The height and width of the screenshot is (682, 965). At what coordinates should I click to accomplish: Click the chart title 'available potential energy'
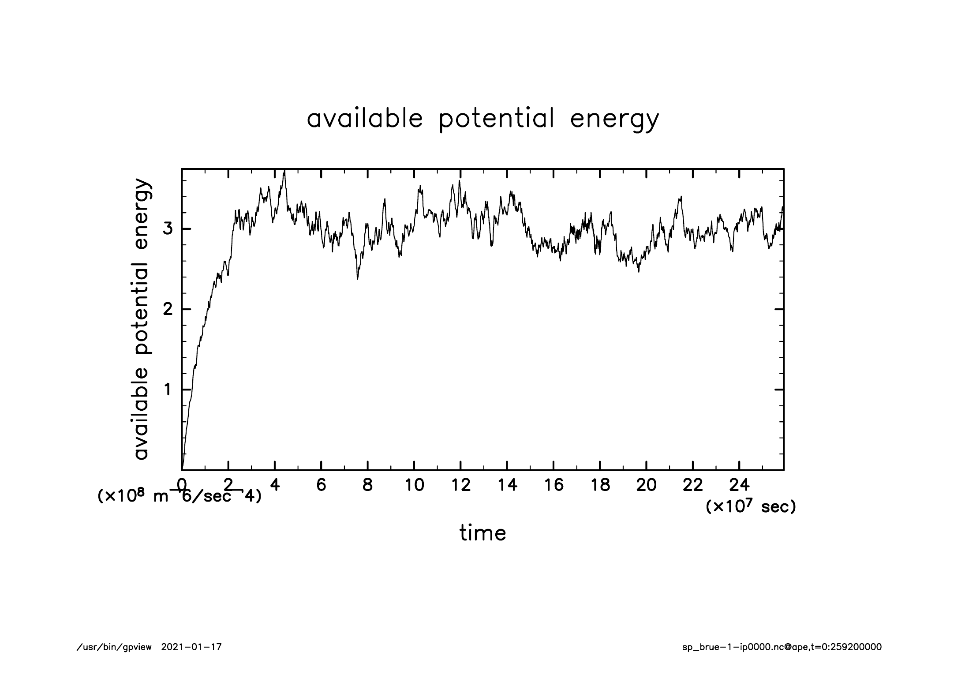click(x=482, y=119)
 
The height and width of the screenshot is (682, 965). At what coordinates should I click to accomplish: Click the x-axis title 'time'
click(x=482, y=533)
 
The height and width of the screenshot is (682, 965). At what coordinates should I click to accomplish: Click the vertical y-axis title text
click(x=142, y=319)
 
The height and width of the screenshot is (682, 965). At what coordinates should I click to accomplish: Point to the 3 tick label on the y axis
click(x=168, y=229)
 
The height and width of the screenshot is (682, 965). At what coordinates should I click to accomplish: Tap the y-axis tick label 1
click(x=168, y=390)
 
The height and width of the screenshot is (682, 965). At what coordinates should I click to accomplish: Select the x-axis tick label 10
click(x=414, y=486)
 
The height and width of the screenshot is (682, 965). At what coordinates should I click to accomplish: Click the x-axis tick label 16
click(x=554, y=486)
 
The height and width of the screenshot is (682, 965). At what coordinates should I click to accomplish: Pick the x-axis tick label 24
click(x=739, y=486)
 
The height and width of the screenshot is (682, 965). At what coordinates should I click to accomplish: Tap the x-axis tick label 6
click(x=321, y=486)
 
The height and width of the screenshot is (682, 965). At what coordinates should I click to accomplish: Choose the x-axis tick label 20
click(x=646, y=486)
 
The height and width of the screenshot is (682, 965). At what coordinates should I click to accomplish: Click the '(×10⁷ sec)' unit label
click(x=751, y=507)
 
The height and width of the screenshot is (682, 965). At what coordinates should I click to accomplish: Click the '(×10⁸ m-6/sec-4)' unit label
click(x=179, y=497)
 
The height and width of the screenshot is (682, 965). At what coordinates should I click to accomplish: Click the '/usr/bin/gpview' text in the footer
click(x=114, y=647)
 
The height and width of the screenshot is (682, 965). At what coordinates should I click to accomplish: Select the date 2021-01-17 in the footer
click(x=191, y=647)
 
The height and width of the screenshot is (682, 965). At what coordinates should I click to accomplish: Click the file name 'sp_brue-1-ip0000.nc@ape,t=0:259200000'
click(x=782, y=647)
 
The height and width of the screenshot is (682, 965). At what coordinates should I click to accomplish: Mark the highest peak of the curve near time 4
click(x=285, y=171)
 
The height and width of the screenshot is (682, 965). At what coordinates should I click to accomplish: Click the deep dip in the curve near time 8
click(x=358, y=278)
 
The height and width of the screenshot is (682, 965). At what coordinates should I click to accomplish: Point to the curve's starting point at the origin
click(x=182, y=469)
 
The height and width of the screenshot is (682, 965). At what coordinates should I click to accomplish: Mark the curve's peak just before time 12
click(x=459, y=181)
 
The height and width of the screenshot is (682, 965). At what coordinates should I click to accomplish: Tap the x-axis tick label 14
click(x=507, y=486)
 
